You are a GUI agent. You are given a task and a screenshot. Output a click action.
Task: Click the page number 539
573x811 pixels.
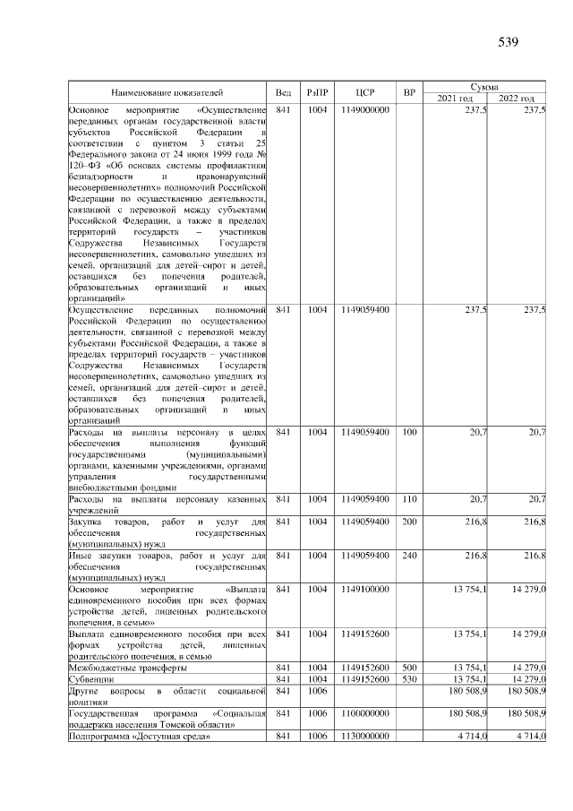point(509,41)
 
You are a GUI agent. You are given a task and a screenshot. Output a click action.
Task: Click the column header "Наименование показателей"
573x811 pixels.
point(167,92)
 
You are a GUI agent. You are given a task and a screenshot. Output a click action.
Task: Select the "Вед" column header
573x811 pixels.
point(283,92)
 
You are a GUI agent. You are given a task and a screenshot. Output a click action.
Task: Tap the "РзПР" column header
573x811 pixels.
point(317,92)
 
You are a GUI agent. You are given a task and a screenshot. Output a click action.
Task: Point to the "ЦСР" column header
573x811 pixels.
point(364,92)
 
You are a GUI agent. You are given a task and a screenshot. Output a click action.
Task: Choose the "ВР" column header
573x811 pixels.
point(410,92)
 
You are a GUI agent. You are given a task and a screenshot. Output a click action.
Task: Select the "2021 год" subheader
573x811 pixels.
point(456,98)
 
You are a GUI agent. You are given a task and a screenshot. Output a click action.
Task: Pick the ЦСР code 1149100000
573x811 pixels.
point(364,590)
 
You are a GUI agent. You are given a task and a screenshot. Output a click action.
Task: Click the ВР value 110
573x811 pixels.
point(410,498)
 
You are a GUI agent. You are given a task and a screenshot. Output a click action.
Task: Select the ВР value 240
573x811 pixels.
point(410,556)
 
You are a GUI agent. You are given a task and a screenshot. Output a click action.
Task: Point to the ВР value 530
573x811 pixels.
point(410,679)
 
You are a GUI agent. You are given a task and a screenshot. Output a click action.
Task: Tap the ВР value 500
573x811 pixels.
point(410,668)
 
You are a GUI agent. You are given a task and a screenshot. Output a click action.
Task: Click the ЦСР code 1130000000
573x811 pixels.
point(364,736)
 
